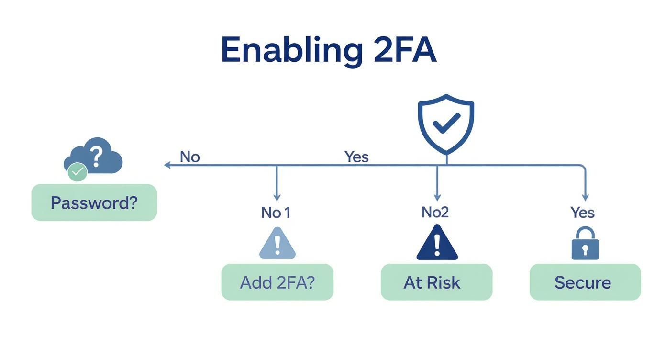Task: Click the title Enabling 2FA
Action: pyautogui.click(x=328, y=50)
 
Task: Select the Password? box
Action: pyautogui.click(x=94, y=202)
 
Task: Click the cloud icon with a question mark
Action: pyautogui.click(x=95, y=156)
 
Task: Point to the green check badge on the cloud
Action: pyautogui.click(x=77, y=171)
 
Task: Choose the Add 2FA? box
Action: pyautogui.click(x=277, y=282)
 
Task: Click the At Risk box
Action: pyautogui.click(x=436, y=282)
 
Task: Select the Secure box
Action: pyautogui.click(x=585, y=282)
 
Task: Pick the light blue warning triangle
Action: pyautogui.click(x=277, y=244)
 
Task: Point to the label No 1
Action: pyautogui.click(x=276, y=212)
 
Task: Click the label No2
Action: pyautogui.click(x=435, y=212)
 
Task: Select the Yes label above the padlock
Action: pyautogui.click(x=582, y=212)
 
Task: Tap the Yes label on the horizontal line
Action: pyautogui.click(x=356, y=157)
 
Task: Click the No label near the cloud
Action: pyautogui.click(x=189, y=157)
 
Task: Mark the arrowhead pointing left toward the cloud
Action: pyautogui.click(x=167, y=165)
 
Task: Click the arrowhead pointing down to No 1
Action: pyautogui.click(x=277, y=198)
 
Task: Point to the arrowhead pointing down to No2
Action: pyautogui.click(x=437, y=198)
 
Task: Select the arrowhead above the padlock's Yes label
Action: pyautogui.click(x=585, y=198)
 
